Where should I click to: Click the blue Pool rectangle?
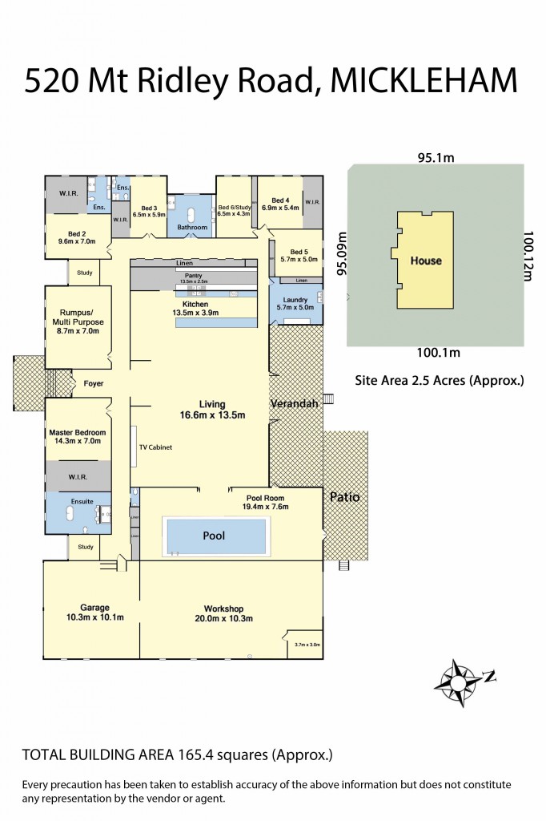click(x=215, y=536)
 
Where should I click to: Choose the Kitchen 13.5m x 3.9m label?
click(x=195, y=309)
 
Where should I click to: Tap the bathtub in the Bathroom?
click(x=192, y=214)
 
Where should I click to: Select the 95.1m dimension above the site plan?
click(x=435, y=158)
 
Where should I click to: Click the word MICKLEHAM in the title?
click(x=424, y=82)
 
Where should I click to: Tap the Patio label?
click(x=345, y=497)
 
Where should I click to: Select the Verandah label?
click(x=294, y=403)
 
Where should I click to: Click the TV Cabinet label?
click(x=157, y=447)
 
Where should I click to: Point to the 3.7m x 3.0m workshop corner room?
click(x=307, y=645)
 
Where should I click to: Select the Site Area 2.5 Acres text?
click(x=439, y=381)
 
